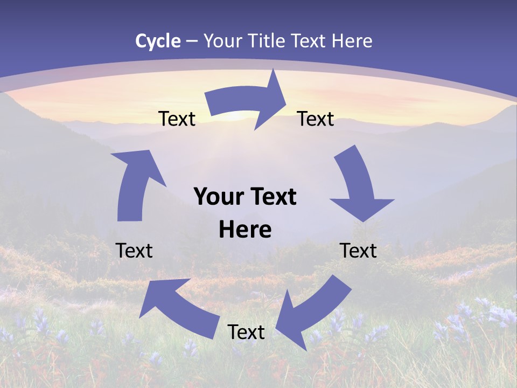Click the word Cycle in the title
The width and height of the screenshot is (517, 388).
(x=158, y=41)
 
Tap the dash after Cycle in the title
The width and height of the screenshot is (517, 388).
(x=192, y=41)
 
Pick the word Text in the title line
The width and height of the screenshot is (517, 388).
(x=309, y=41)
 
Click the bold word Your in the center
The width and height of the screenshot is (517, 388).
(x=218, y=197)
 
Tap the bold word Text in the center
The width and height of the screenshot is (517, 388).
(x=273, y=197)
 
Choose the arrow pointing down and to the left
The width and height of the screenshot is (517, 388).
(x=312, y=313)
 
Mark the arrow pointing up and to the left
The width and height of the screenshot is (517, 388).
(x=178, y=307)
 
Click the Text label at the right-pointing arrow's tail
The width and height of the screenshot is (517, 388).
(x=177, y=119)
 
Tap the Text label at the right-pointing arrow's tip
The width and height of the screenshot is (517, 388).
(x=316, y=119)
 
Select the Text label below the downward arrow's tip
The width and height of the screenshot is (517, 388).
(x=358, y=251)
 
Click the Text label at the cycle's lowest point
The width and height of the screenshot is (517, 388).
(x=246, y=332)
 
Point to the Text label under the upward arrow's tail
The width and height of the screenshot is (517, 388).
(x=134, y=251)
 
